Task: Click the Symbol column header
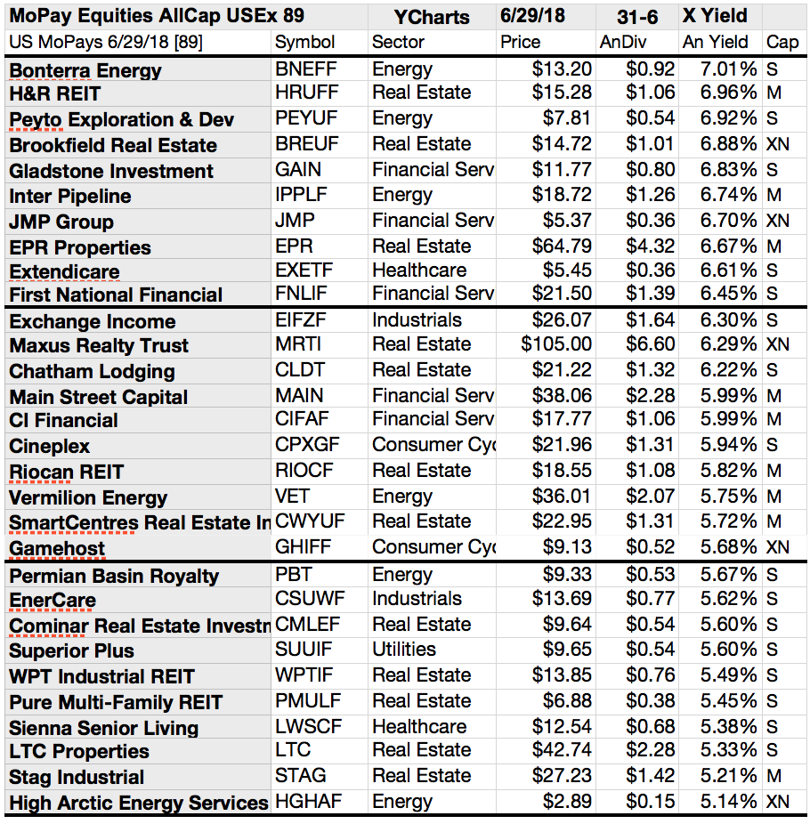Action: pos(305,42)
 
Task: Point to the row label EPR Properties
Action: pos(80,247)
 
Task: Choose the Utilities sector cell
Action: pos(404,650)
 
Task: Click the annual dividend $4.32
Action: pos(651,246)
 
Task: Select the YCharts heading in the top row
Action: pos(432,16)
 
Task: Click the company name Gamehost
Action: pos(57,549)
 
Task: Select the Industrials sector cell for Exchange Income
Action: pos(417,320)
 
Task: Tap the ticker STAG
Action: pos(300,776)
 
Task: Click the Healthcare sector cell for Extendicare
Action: pos(418,271)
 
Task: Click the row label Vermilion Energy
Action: pos(88,497)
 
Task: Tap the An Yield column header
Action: pos(716,42)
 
